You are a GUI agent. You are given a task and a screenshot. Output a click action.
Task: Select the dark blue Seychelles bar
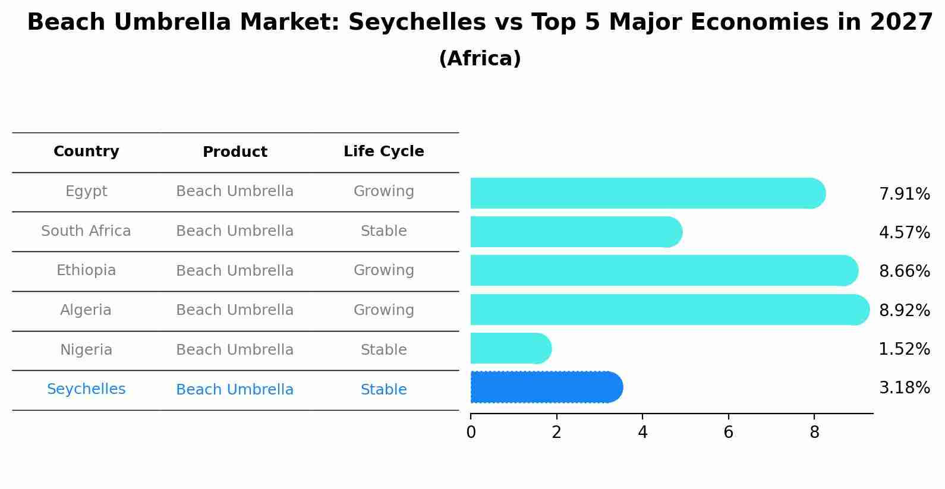[546, 387]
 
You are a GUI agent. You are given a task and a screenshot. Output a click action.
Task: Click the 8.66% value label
[904, 272]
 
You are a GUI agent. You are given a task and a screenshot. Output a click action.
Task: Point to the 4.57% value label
[904, 232]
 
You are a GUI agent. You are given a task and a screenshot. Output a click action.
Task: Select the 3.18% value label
[904, 388]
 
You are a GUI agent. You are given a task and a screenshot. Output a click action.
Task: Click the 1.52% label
[904, 349]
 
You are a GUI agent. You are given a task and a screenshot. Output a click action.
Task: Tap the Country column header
[86, 152]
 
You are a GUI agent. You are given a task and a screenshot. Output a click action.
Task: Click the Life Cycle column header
[383, 152]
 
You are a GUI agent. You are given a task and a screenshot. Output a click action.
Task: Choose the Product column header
[235, 152]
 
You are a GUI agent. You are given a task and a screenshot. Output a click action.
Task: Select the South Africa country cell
[86, 231]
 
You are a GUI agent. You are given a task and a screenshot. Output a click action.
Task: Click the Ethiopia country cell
[86, 270]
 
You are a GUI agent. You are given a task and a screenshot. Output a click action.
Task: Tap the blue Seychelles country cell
[86, 389]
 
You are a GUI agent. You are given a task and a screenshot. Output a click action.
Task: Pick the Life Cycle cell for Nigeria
[383, 350]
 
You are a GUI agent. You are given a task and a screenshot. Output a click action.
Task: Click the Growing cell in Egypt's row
[383, 191]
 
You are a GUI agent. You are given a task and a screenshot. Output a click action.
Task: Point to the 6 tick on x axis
[728, 433]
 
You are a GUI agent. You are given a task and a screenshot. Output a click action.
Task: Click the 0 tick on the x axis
[471, 433]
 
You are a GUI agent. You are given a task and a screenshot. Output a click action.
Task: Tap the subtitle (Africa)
[480, 59]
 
